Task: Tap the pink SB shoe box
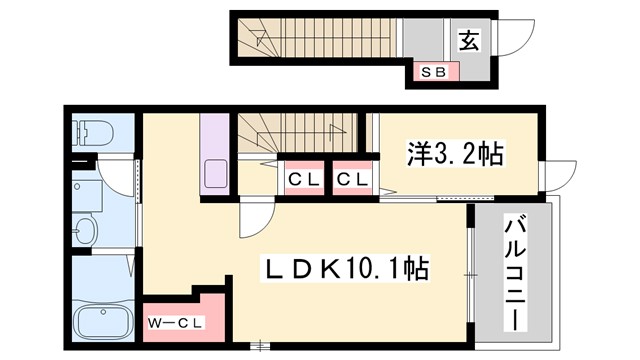click(434, 72)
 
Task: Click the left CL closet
click(301, 180)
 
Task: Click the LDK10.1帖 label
click(345, 268)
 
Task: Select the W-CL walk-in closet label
click(176, 322)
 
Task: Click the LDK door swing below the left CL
click(255, 218)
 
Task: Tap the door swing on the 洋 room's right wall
click(554, 176)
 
